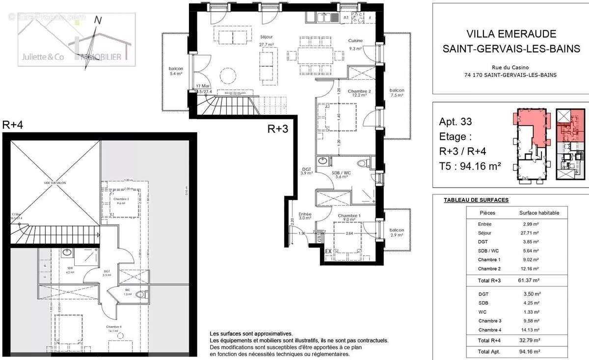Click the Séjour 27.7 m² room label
pyautogui.click(x=267, y=40)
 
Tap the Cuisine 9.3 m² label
pyautogui.click(x=355, y=44)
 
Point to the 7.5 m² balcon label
pyautogui.click(x=397, y=93)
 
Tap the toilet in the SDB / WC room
pyautogui.click(x=363, y=164)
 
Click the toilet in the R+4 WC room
pyautogui.click(x=141, y=295)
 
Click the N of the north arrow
pyautogui.click(x=98, y=20)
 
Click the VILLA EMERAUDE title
pyautogui.click(x=511, y=34)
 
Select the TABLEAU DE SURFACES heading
pyautogui.click(x=476, y=200)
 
